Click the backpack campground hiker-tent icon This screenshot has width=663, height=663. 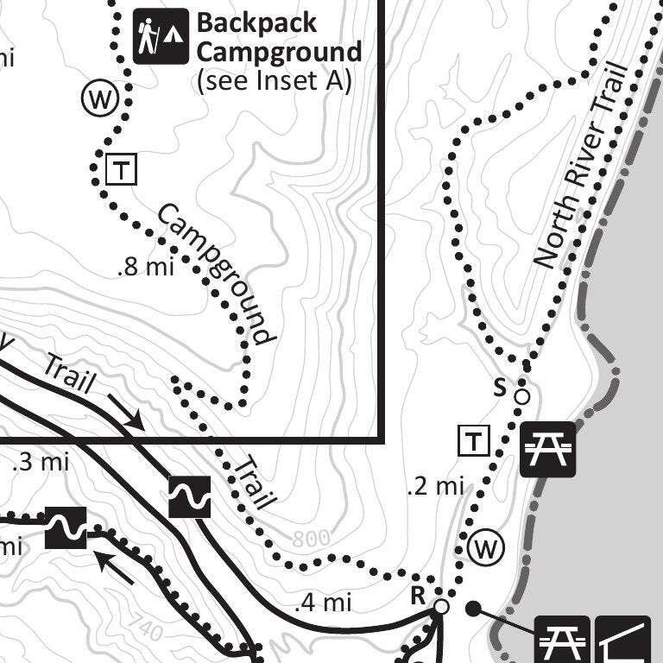[x=161, y=36]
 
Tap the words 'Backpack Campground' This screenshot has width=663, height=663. [x=279, y=36]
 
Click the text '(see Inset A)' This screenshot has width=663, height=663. [x=274, y=81]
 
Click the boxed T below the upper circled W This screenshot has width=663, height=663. [x=121, y=170]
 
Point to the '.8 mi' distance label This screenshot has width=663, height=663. [x=145, y=267]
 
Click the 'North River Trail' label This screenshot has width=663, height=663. [x=578, y=164]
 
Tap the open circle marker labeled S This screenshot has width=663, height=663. [x=521, y=396]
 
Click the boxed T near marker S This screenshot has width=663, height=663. [x=474, y=441]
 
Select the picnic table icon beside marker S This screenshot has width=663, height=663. [x=547, y=449]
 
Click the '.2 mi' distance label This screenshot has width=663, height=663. [x=435, y=487]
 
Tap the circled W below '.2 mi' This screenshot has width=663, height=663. [x=485, y=546]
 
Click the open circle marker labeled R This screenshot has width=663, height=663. [x=441, y=607]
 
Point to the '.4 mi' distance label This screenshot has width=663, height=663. [x=323, y=602]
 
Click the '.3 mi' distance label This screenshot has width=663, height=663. [x=41, y=462]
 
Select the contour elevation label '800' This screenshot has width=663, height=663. [x=311, y=539]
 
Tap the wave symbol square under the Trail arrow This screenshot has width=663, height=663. [x=190, y=496]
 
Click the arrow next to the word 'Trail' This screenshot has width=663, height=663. [x=126, y=412]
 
